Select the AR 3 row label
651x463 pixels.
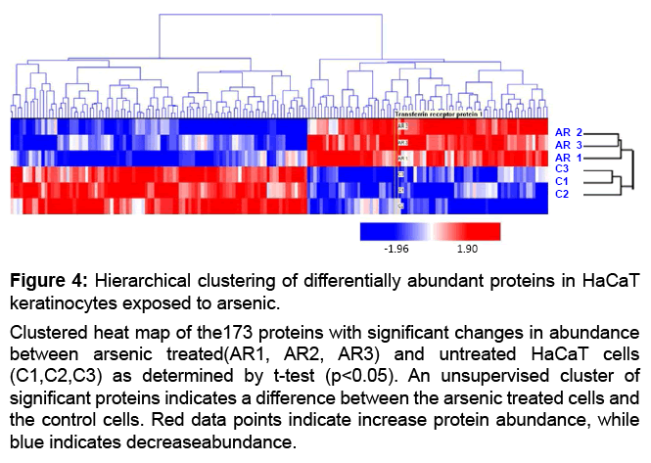coord(569,145)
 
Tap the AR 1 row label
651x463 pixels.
coord(569,158)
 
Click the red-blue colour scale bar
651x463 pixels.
coord(430,231)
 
